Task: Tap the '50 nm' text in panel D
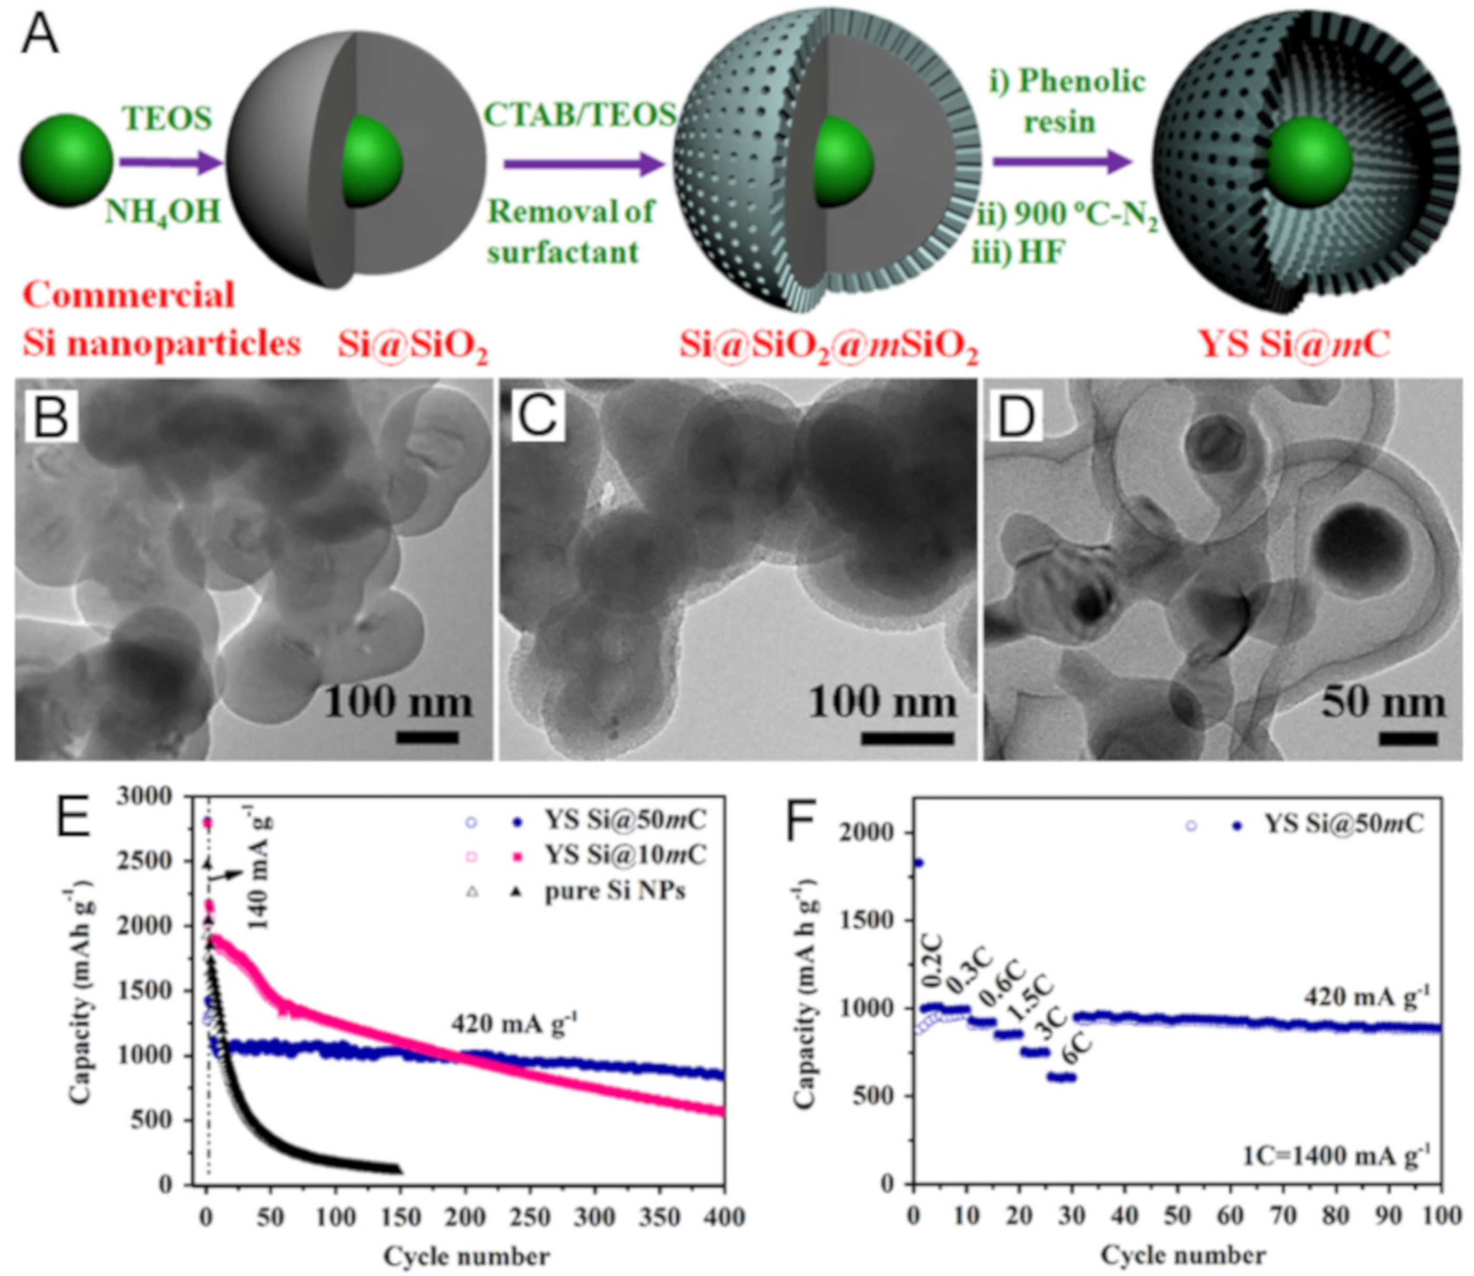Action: click(x=1383, y=703)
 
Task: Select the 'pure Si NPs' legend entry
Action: click(x=614, y=891)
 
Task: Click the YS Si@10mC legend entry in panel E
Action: click(x=625, y=854)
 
